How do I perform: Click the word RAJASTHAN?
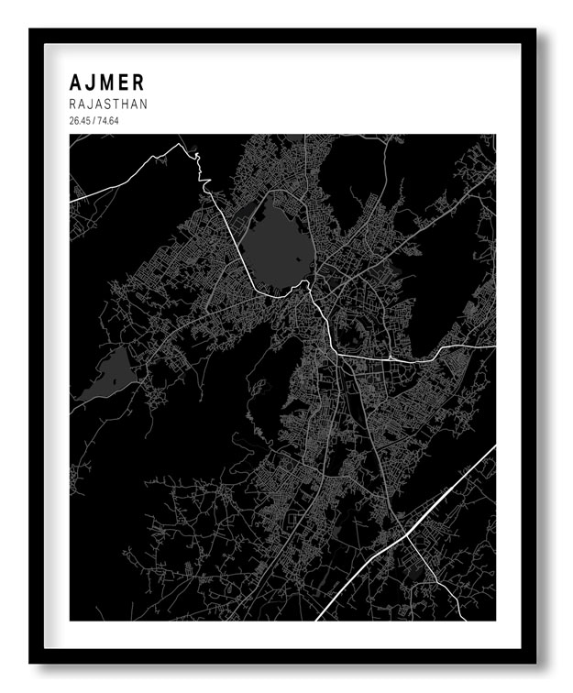(107, 104)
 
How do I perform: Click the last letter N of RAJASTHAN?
(142, 104)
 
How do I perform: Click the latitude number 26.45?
(80, 121)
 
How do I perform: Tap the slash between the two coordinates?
(94, 121)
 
